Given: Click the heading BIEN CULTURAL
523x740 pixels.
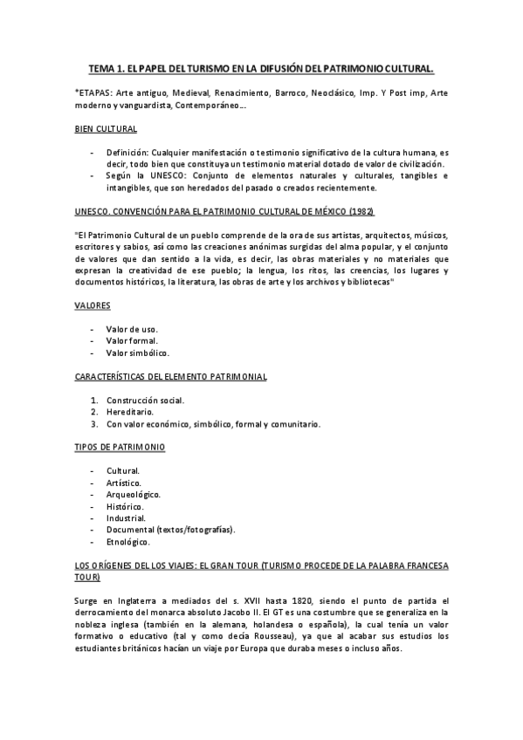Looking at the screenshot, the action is [x=107, y=129].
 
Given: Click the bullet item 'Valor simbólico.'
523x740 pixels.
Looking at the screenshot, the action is [x=137, y=353].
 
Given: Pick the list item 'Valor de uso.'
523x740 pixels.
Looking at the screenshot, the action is [x=132, y=328].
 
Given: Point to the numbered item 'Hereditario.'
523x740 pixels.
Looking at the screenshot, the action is [x=131, y=413].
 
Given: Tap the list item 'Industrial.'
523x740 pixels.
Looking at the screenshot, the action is [x=126, y=517].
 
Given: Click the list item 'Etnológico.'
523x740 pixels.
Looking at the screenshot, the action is [x=128, y=541].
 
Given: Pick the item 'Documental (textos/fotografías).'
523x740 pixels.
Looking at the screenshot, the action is [x=171, y=529].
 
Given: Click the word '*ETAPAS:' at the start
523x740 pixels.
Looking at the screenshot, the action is [x=94, y=92].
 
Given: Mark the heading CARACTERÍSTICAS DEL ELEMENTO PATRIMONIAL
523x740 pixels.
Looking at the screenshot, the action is [x=169, y=377].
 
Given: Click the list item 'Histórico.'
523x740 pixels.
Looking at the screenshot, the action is [x=126, y=506].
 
